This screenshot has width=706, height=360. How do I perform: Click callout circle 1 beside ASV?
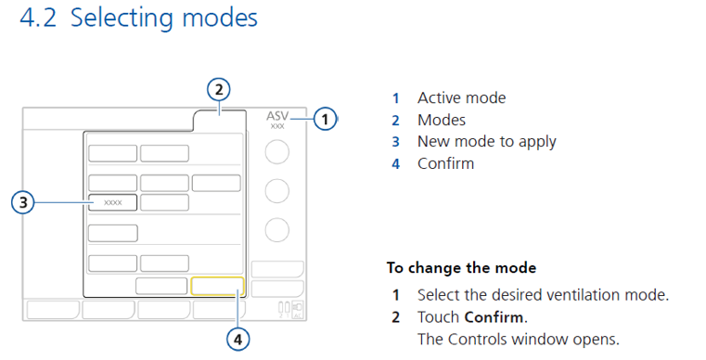tap(325, 119)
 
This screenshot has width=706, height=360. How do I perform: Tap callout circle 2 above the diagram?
tap(217, 90)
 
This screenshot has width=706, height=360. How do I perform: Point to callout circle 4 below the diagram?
tap(238, 340)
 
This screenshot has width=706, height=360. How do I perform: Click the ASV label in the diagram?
tap(277, 116)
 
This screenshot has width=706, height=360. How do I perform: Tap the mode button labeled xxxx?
tap(113, 201)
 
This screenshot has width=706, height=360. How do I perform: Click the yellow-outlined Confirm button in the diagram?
tap(217, 285)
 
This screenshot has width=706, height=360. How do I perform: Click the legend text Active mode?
tap(461, 97)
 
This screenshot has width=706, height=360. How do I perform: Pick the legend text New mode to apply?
tap(486, 141)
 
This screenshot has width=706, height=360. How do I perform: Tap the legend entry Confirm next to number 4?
tap(445, 163)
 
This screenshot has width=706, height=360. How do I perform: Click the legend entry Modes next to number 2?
tap(442, 120)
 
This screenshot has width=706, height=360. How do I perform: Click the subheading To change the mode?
tap(461, 268)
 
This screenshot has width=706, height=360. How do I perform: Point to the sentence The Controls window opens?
tap(518, 338)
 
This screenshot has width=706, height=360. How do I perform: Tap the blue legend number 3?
tap(395, 142)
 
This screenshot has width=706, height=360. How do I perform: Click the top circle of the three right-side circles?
tap(277, 151)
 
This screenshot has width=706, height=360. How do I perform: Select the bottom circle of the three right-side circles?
tap(277, 229)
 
